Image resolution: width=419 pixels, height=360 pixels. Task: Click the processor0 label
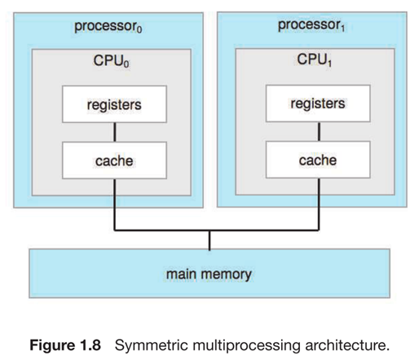tap(108, 27)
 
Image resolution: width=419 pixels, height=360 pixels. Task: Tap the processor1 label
tap(311, 25)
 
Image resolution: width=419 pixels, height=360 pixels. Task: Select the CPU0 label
tap(111, 61)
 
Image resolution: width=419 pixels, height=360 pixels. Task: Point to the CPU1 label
tap(315, 59)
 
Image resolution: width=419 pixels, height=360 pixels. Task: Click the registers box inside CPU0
tap(114, 104)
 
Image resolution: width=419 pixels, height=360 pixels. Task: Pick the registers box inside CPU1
tap(318, 103)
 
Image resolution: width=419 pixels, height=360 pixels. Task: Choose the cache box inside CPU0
tap(114, 160)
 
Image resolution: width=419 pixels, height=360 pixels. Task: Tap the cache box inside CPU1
tap(318, 160)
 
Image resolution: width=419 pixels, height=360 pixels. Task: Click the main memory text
tap(209, 274)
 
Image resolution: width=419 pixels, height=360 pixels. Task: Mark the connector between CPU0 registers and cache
tap(115, 132)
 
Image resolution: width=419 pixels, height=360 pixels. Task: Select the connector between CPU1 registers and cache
tap(319, 131)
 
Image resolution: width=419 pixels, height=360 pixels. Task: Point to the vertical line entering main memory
tap(209, 240)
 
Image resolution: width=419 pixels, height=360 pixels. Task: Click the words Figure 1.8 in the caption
tap(65, 345)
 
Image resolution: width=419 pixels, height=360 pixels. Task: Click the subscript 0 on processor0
tap(139, 29)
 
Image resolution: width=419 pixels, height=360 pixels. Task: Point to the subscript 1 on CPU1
tap(329, 63)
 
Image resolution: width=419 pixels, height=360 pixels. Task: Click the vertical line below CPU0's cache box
tap(115, 204)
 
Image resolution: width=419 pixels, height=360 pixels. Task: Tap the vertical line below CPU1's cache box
tap(319, 204)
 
